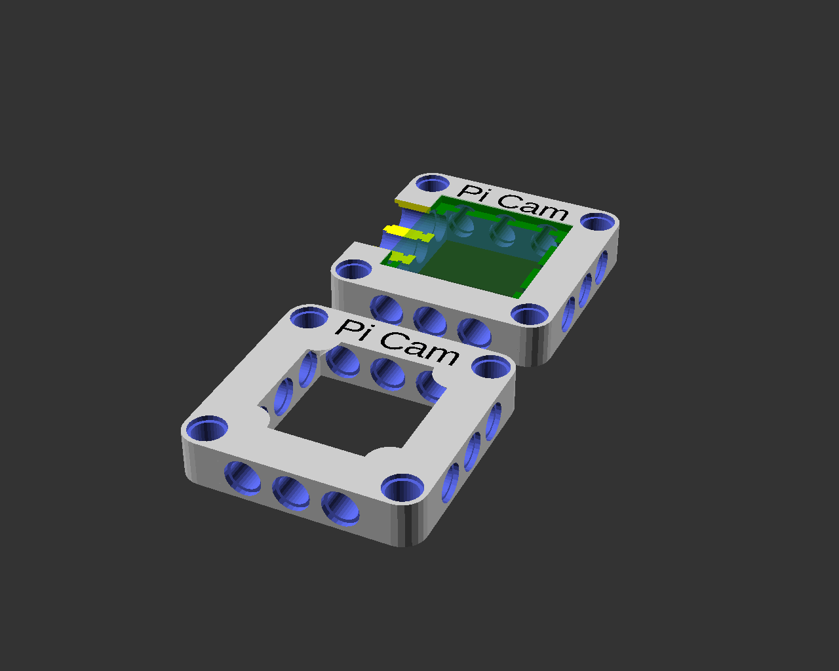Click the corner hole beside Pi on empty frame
[x=309, y=317]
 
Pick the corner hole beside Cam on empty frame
[x=491, y=367]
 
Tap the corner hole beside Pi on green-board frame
[x=433, y=183]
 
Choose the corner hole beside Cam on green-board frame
[x=598, y=221]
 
